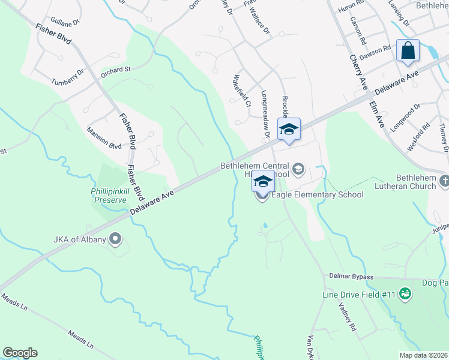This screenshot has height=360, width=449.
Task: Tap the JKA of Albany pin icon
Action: point(117,240)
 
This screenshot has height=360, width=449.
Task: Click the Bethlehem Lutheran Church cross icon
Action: point(444,179)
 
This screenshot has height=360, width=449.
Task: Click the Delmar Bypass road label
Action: point(351,277)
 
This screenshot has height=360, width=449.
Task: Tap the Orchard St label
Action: point(115,70)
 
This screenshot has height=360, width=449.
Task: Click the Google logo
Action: point(20,353)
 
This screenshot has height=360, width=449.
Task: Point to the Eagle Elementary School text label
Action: point(317,194)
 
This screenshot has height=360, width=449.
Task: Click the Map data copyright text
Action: point(423,355)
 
